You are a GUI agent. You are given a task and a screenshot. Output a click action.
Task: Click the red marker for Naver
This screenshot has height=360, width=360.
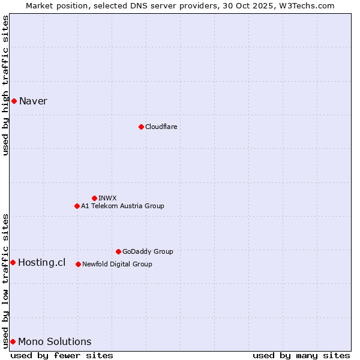point(14,101)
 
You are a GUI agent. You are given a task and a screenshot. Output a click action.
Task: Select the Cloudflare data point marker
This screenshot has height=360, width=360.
point(141,127)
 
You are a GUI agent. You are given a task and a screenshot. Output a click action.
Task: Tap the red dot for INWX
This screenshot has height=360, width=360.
point(94,198)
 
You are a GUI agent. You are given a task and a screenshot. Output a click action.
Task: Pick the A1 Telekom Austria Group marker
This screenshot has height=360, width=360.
point(77,206)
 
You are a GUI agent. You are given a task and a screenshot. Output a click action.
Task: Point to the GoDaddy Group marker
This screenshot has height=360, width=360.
point(118,251)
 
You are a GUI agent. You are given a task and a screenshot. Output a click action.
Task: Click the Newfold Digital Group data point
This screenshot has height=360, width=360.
point(78,264)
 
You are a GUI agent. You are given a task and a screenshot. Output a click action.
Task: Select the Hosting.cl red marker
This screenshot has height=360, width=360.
point(13,262)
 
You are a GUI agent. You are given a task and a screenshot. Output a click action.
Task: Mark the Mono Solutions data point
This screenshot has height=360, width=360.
point(13,341)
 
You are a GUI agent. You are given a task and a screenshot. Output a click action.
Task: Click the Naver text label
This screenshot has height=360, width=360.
point(33,101)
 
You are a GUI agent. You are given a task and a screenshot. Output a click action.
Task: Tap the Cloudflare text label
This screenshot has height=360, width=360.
point(161,127)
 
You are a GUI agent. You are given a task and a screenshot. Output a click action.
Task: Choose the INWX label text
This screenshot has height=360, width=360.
point(107,198)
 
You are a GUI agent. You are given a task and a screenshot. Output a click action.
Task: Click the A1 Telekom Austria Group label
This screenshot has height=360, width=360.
point(122,206)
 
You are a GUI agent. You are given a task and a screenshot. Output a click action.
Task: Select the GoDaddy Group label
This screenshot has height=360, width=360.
point(148,251)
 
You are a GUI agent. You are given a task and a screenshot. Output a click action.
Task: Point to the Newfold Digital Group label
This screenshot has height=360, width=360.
point(117,264)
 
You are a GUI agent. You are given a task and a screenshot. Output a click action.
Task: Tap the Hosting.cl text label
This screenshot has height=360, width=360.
point(41,262)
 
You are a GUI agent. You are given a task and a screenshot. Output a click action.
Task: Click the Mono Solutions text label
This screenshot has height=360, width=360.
point(55,341)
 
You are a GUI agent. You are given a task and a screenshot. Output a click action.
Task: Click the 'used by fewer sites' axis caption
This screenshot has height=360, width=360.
point(62,355)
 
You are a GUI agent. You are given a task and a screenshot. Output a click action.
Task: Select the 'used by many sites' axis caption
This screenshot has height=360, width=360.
point(301,355)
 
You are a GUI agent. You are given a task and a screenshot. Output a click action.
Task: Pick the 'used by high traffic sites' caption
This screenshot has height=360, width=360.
point(5,85)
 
